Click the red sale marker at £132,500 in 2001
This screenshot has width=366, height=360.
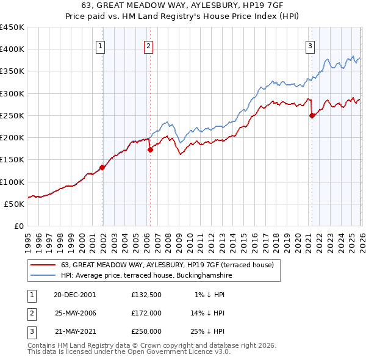(x=102, y=168)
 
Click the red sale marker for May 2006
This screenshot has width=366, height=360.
(x=150, y=150)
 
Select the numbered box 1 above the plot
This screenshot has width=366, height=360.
(x=100, y=45)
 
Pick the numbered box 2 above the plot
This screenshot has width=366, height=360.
(x=148, y=45)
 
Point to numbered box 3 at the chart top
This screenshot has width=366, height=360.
(x=310, y=45)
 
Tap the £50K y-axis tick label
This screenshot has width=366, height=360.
(x=15, y=204)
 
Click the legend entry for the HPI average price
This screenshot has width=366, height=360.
(x=146, y=276)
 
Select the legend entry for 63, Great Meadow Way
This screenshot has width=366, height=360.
(x=168, y=265)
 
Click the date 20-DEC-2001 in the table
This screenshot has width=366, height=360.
(x=74, y=295)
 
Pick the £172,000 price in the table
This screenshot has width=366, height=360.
(x=146, y=313)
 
